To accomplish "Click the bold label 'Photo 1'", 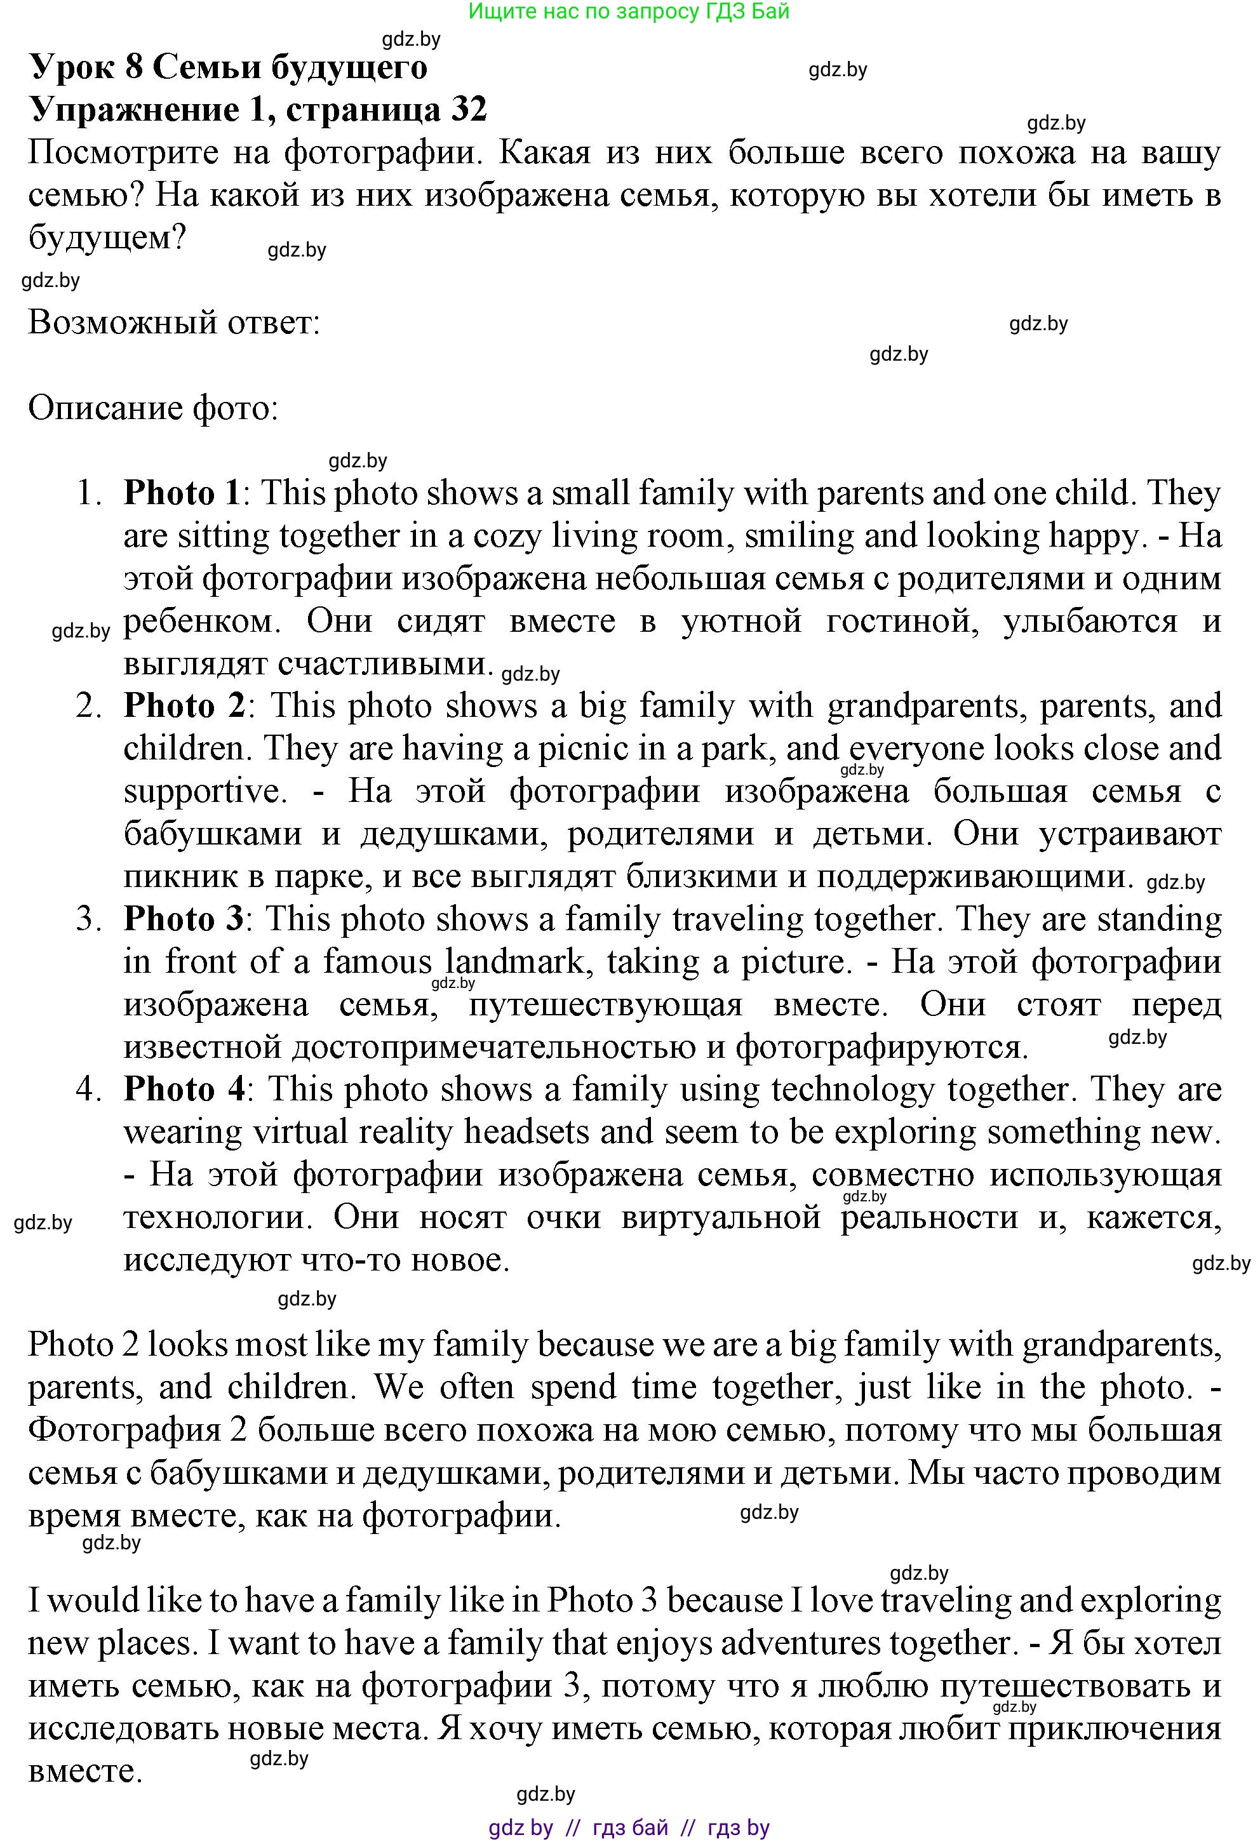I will tap(182, 493).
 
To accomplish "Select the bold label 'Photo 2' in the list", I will tap(185, 705).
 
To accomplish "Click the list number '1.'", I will tap(90, 493).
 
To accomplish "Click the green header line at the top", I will tap(629, 11).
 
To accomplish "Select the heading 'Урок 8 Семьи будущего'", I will tap(229, 67).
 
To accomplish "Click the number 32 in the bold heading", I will tap(469, 109).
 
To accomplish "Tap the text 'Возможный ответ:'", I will tap(173, 323).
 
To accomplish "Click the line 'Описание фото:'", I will tap(153, 408).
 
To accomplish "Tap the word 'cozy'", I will tap(507, 536).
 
